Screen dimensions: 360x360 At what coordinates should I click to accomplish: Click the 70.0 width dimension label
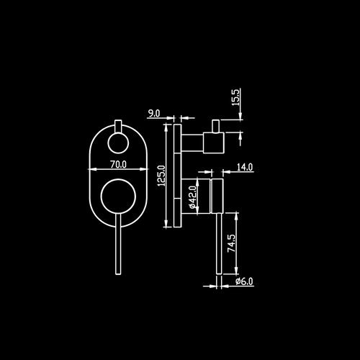tap(118, 164)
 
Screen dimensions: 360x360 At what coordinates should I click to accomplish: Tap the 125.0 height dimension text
tap(161, 176)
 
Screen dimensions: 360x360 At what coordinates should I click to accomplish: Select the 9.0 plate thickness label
tap(153, 113)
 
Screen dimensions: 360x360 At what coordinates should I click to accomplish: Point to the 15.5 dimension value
tap(235, 97)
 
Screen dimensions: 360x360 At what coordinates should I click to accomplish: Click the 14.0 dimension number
tap(245, 167)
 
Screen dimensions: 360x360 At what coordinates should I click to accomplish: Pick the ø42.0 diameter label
tap(193, 197)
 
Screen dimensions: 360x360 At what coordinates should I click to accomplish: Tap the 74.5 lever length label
tap(232, 243)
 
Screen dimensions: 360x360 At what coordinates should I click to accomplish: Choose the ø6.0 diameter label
tap(244, 281)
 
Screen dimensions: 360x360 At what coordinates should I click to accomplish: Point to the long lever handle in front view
tap(118, 244)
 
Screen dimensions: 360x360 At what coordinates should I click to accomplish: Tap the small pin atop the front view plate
tap(118, 126)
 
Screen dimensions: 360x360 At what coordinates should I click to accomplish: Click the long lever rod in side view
tap(219, 243)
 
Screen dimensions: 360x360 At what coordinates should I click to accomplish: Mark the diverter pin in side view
tap(215, 126)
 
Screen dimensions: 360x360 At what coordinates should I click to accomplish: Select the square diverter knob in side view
tap(214, 143)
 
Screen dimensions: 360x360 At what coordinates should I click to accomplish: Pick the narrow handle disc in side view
tap(217, 196)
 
